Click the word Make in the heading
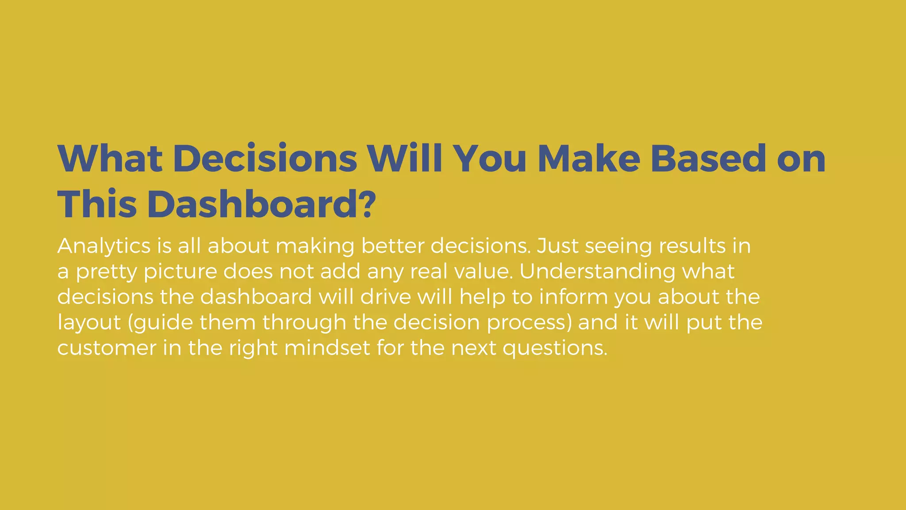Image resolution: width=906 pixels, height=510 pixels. pos(589,158)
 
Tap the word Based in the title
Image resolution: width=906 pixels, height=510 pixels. pos(708,158)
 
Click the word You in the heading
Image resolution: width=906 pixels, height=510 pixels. pos(490,158)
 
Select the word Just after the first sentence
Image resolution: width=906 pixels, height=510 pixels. pos(557,246)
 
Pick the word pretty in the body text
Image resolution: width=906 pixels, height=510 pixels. pos(106,272)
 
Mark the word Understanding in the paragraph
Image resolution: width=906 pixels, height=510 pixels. pos(597,272)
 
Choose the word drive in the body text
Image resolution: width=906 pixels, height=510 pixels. pos(386,297)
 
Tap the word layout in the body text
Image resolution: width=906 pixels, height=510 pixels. pos(89,323)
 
